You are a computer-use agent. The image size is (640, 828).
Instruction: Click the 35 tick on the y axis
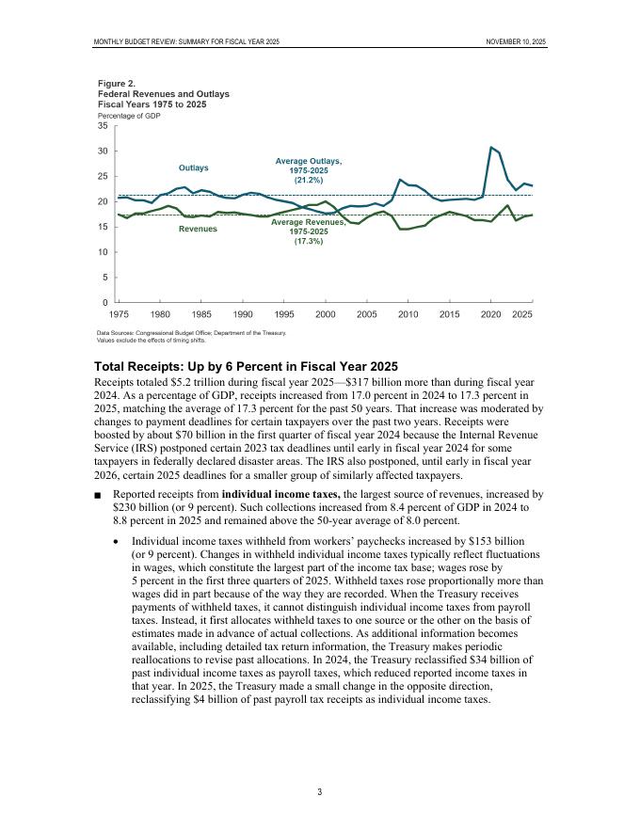point(104,126)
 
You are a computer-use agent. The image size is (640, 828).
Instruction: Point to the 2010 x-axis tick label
point(408,313)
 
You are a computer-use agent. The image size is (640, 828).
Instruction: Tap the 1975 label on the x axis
point(120,313)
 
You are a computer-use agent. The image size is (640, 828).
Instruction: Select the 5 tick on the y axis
point(106,277)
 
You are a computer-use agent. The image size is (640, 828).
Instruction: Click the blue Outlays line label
point(193,167)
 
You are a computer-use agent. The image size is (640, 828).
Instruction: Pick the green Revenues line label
point(198,229)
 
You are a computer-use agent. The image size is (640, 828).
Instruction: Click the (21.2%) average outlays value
point(309,180)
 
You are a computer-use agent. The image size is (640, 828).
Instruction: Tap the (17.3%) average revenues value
point(309,242)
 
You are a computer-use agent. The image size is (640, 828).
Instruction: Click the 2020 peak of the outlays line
point(491,147)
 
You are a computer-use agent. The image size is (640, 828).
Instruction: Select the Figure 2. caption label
point(117,84)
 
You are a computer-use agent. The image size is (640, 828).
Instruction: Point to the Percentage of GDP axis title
point(130,115)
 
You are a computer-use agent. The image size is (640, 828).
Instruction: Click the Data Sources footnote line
point(191,332)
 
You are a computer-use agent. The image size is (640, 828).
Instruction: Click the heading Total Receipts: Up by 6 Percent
point(246,366)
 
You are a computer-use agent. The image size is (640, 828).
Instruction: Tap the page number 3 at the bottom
point(319,791)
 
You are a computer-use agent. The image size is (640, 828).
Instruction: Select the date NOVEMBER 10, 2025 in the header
point(516,42)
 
